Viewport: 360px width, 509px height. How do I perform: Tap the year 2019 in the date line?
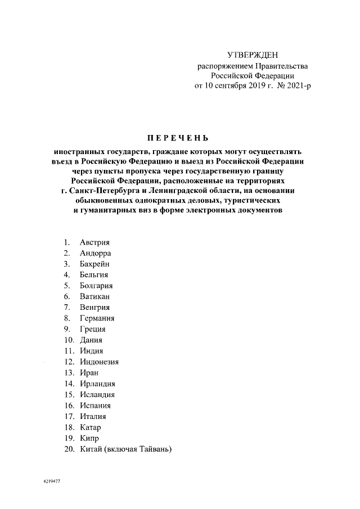tap(251, 85)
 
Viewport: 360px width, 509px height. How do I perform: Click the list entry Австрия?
tap(94, 242)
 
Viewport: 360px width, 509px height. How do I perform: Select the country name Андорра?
tap(95, 253)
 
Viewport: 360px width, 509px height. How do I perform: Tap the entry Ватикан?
tap(94, 296)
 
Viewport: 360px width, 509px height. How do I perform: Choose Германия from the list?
tap(97, 318)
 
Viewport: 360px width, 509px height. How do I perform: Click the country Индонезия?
tap(99, 362)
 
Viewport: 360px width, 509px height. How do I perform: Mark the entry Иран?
tap(89, 373)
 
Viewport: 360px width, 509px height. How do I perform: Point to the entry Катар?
tap(91, 427)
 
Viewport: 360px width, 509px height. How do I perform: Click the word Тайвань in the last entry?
tap(154, 449)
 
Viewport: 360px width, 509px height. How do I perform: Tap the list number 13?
tap(69, 373)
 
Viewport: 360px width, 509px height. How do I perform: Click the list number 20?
tap(69, 449)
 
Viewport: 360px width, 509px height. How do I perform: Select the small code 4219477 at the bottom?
tap(51, 482)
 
